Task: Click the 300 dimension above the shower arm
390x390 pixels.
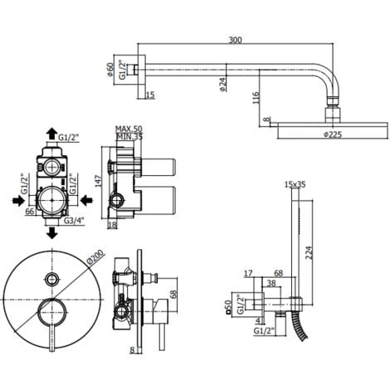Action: (235, 40)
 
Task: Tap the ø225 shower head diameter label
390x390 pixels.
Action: (333, 134)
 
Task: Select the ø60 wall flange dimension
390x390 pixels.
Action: (110, 69)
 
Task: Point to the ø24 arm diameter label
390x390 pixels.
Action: (222, 85)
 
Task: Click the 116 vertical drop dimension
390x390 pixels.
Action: (256, 98)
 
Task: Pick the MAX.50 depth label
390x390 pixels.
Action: (129, 129)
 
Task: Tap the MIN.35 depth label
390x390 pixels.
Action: (129, 136)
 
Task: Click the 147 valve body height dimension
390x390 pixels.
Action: (99, 180)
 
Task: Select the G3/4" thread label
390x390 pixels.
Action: (74, 221)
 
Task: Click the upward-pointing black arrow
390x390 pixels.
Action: (51, 134)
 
